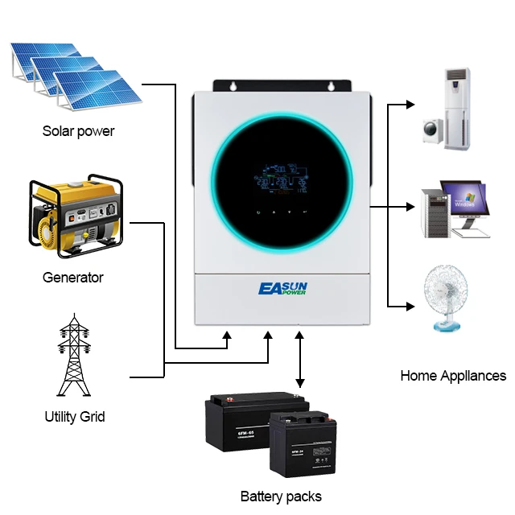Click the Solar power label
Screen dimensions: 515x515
78,130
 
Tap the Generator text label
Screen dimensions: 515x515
73,278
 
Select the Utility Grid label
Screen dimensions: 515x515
74,417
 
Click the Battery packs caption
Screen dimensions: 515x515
281,496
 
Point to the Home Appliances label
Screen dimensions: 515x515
453,376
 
